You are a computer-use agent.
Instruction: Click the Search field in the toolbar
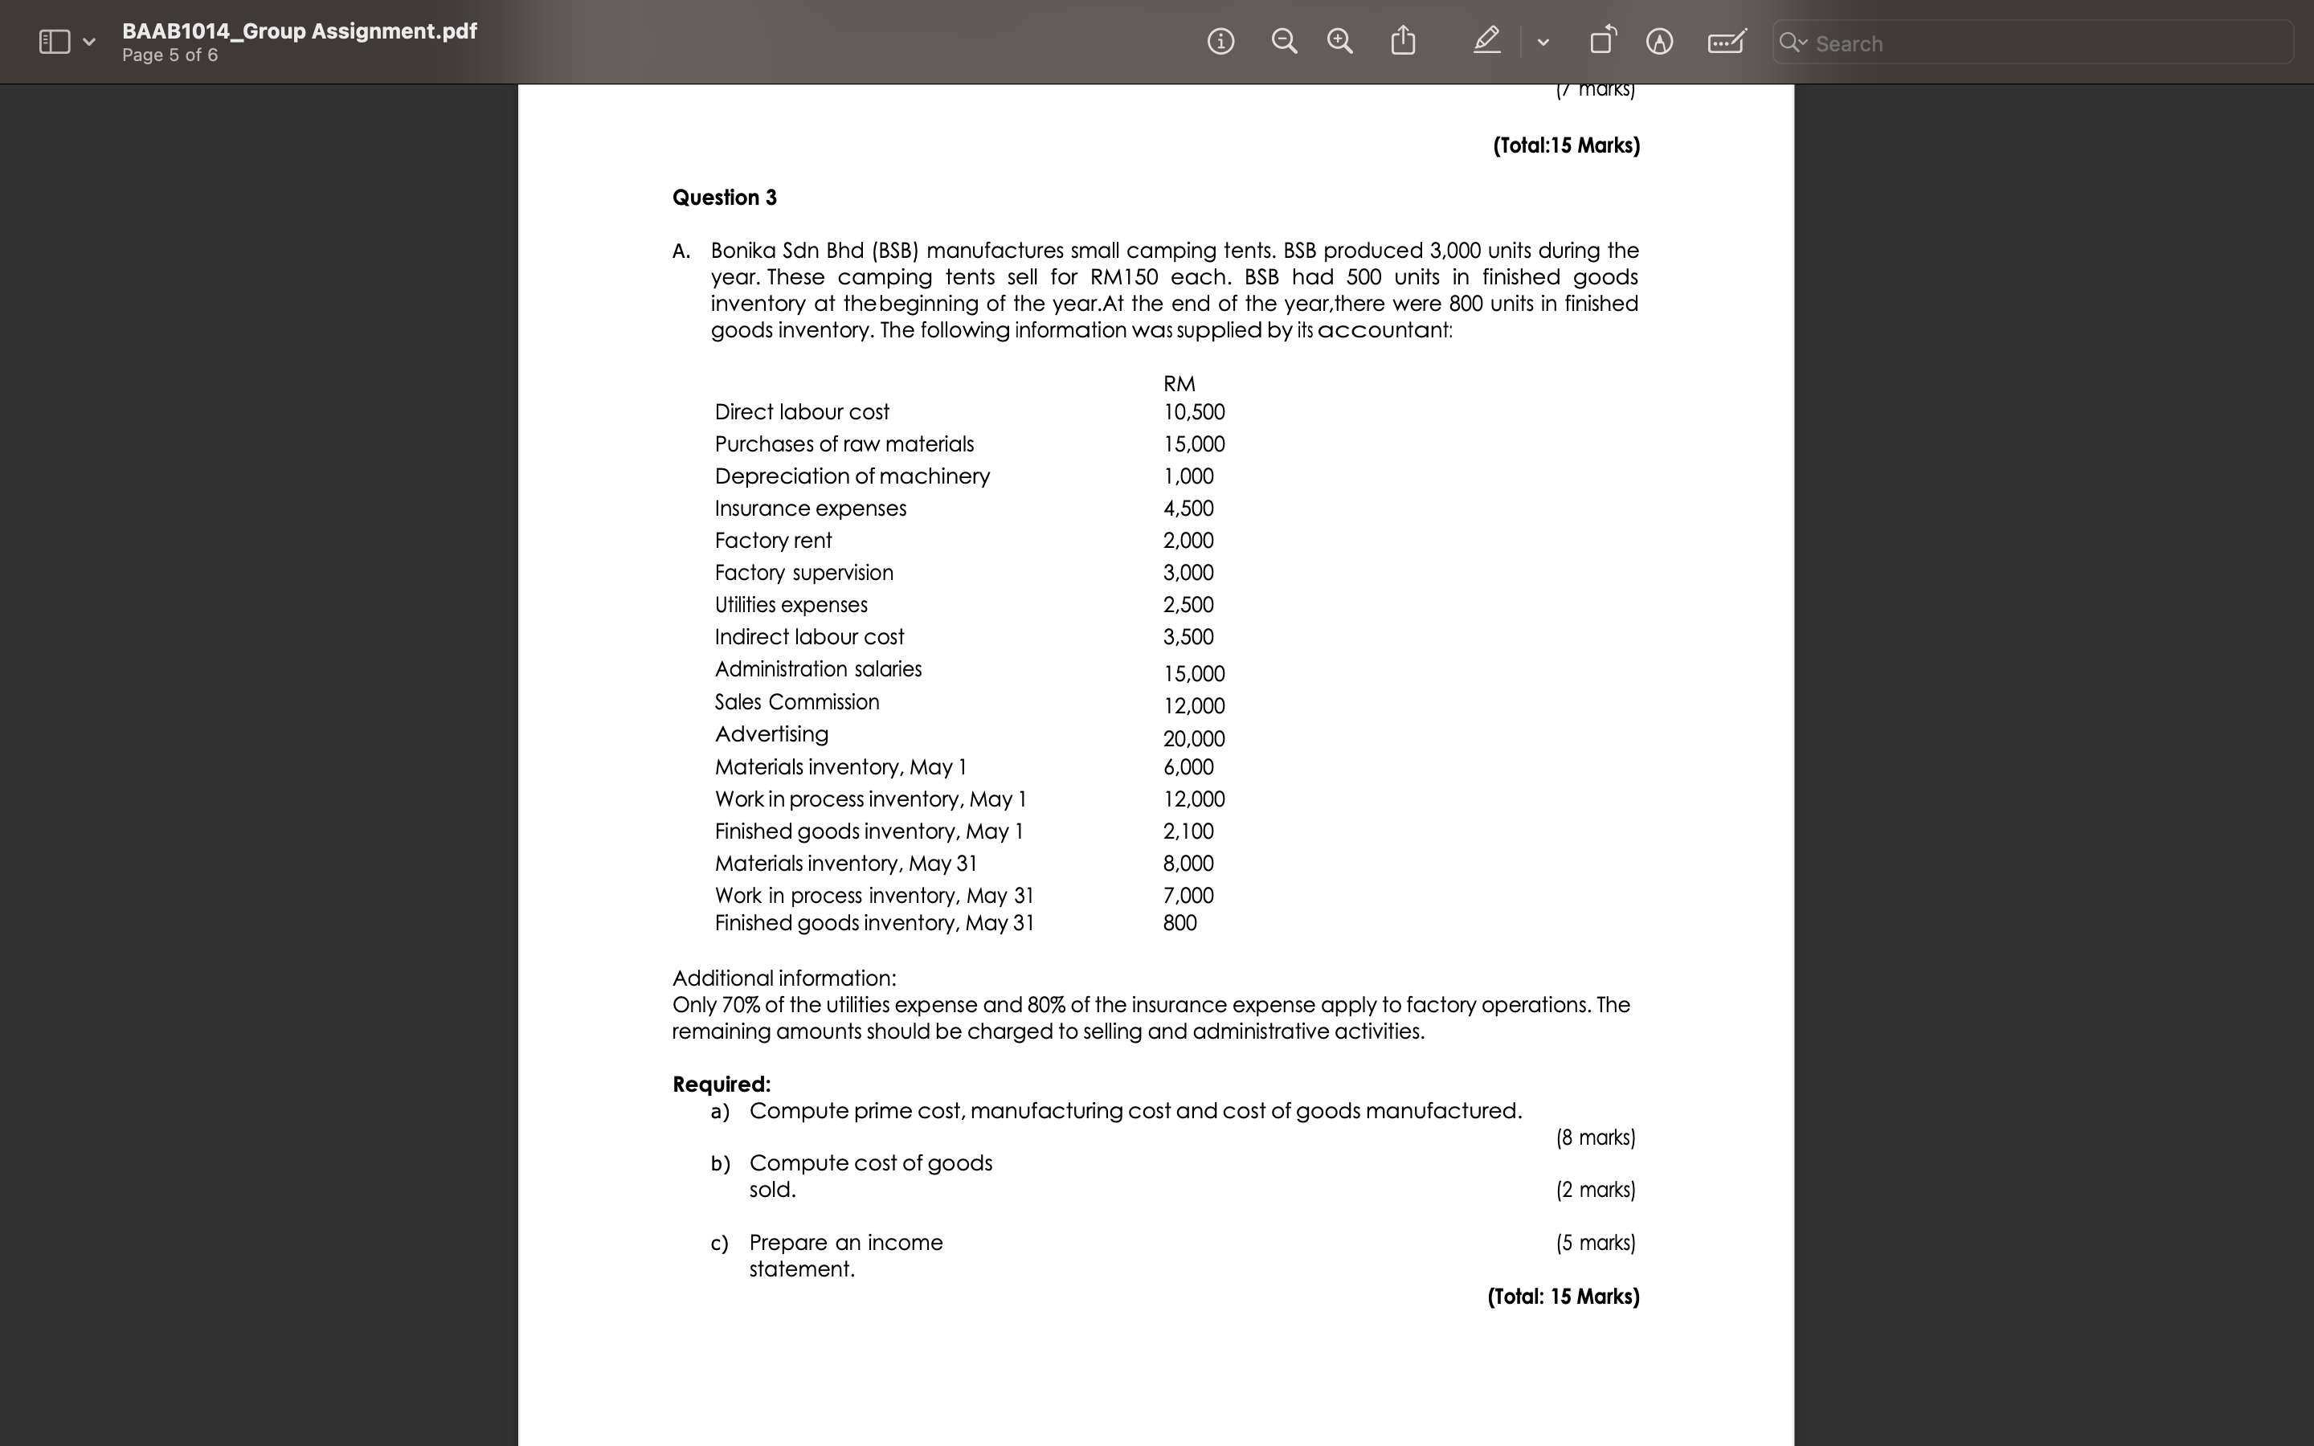coord(2046,43)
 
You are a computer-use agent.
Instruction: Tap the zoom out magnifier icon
coord(1284,41)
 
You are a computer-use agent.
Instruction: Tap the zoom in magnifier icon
coord(1339,41)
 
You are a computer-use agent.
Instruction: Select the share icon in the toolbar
coord(1403,40)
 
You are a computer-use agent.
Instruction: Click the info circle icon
coord(1220,41)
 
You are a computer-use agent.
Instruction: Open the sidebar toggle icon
coord(55,42)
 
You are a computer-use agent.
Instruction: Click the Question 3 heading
coord(724,198)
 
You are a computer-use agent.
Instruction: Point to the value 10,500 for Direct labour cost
coord(1193,412)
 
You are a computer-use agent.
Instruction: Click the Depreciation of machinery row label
coord(852,476)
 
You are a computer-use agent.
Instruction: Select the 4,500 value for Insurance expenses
coord(1188,509)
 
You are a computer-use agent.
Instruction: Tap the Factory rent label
coord(773,541)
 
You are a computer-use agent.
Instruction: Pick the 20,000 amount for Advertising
coord(1193,738)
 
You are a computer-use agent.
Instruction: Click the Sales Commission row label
coord(796,702)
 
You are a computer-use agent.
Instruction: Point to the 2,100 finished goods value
coord(1188,831)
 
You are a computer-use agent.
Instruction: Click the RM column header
coord(1179,383)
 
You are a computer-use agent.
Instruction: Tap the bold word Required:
coord(721,1084)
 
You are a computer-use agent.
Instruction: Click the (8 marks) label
coord(1595,1137)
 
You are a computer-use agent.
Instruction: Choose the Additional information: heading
coord(784,978)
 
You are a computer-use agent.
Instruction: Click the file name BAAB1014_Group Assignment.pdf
coord(299,31)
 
